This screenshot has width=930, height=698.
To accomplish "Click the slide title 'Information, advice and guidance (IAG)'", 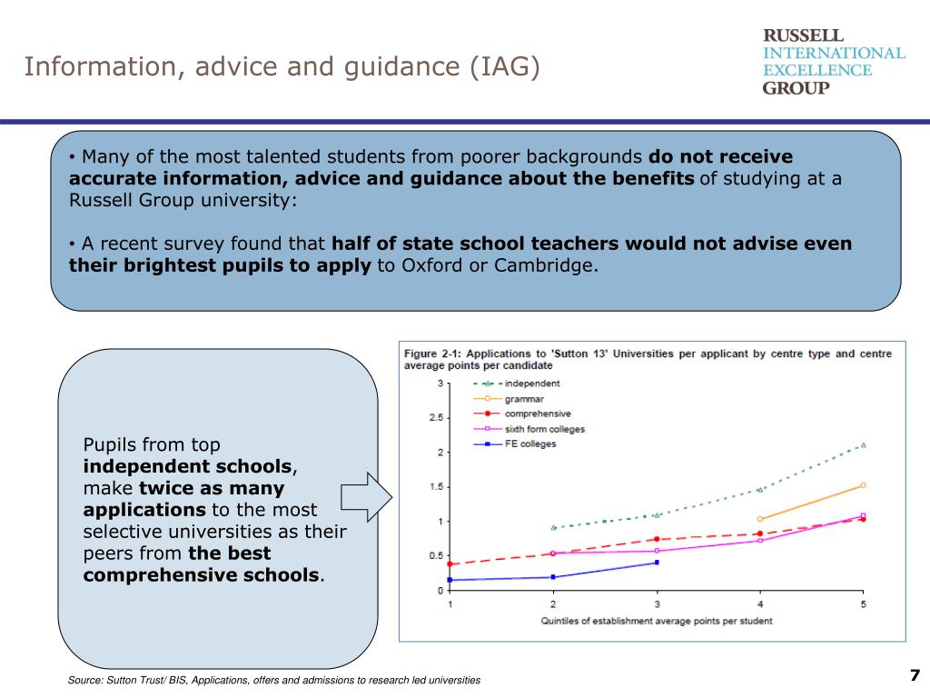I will [282, 67].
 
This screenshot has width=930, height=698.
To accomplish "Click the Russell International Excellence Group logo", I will [833, 61].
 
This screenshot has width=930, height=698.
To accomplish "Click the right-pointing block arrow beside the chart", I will [366, 497].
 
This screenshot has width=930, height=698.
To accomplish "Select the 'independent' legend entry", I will [532, 384].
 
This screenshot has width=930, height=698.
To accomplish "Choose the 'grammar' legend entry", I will [524, 398].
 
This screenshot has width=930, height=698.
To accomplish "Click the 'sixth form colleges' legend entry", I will [545, 429].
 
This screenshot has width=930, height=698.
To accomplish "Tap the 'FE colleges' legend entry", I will [530, 444].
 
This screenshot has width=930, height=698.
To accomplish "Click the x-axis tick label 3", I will [657, 604].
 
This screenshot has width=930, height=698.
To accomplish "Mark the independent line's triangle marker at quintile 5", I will [863, 445].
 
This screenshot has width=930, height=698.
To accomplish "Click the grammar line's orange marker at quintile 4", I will [759, 519].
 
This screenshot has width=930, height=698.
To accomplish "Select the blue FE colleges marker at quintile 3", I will [657, 563].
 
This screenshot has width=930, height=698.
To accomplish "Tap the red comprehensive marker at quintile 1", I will [450, 564].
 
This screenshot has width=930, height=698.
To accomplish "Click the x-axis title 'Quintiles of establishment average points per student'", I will [657, 621].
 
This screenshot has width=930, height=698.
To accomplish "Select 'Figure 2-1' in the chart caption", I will [434, 354].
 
